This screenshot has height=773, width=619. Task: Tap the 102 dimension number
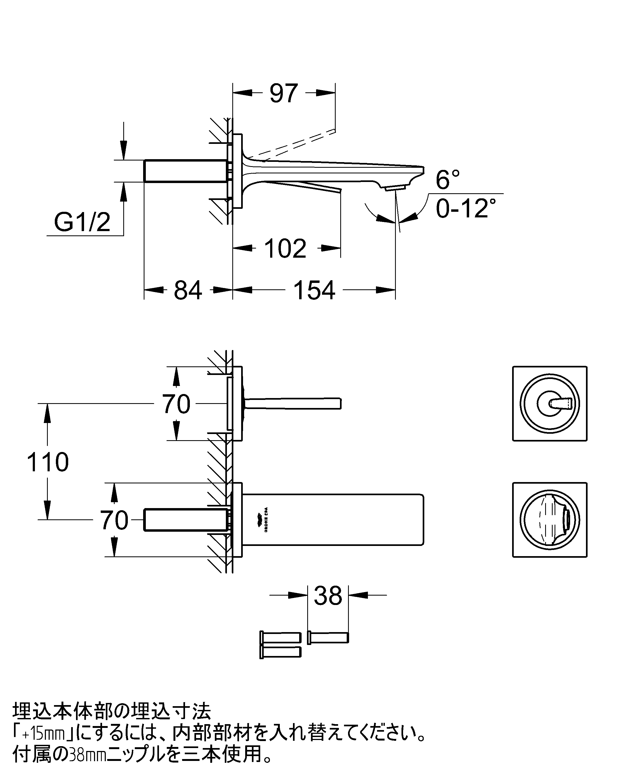click(x=285, y=248)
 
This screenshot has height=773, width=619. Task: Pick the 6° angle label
click(x=448, y=180)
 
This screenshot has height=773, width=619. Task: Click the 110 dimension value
click(x=48, y=462)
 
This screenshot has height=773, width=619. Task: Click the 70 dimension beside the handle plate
click(x=176, y=404)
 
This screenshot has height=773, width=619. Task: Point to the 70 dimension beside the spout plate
click(x=114, y=520)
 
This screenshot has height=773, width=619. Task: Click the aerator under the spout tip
click(x=394, y=188)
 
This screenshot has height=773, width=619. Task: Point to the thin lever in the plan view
click(x=292, y=404)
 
